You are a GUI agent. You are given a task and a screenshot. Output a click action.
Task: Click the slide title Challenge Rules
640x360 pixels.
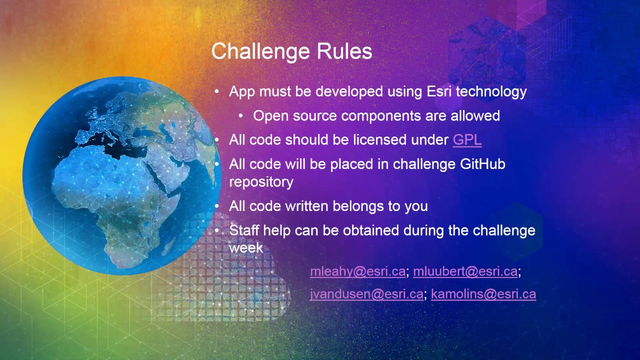click(x=291, y=51)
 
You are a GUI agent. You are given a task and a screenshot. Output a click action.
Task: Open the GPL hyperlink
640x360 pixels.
click(x=467, y=140)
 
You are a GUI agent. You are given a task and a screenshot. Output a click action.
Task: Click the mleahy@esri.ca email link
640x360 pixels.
click(x=357, y=271)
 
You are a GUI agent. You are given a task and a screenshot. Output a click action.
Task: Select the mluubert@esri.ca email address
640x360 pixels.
click(x=465, y=271)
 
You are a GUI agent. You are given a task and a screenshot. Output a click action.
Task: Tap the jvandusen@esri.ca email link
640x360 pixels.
click(x=366, y=294)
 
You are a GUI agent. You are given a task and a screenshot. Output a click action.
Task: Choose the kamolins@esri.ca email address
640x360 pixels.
click(x=483, y=294)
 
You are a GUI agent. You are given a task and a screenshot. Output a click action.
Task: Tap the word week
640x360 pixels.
click(x=246, y=248)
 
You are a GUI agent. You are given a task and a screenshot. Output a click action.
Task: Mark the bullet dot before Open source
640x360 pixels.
click(x=241, y=116)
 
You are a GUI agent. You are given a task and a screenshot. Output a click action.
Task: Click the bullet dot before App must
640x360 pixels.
click(x=217, y=92)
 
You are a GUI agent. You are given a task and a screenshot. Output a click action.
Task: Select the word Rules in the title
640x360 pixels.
click(x=344, y=51)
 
